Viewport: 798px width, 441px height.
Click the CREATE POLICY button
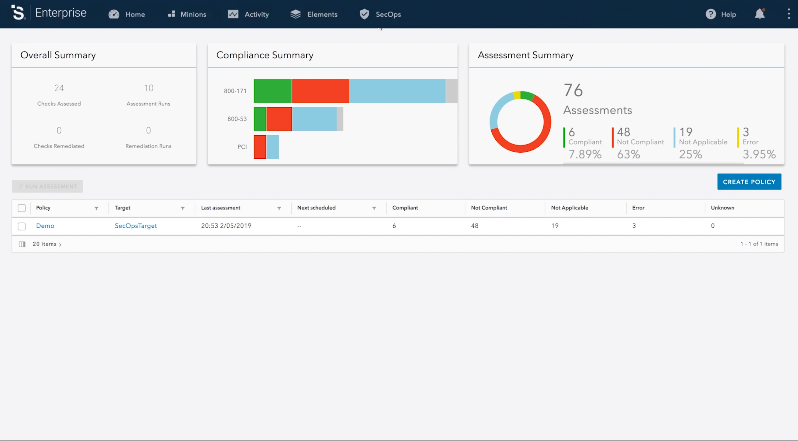(749, 182)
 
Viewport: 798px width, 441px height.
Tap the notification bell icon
(760, 14)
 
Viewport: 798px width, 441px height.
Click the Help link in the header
(721, 14)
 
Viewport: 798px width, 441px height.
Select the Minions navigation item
(187, 14)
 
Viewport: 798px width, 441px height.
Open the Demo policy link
(45, 226)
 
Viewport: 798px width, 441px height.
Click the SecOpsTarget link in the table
(136, 226)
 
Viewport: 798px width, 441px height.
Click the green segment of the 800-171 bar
(273, 91)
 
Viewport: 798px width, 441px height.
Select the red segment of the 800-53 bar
(279, 119)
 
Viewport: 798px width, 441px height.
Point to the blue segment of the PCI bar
(273, 147)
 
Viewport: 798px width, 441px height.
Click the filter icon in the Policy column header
(96, 208)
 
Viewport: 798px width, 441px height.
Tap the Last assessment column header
(221, 208)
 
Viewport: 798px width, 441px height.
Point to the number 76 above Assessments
(573, 90)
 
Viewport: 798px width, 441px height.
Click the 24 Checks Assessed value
(59, 88)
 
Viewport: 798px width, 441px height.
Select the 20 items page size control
(47, 244)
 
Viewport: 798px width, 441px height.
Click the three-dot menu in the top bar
(789, 14)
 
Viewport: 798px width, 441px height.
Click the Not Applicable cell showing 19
(555, 226)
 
